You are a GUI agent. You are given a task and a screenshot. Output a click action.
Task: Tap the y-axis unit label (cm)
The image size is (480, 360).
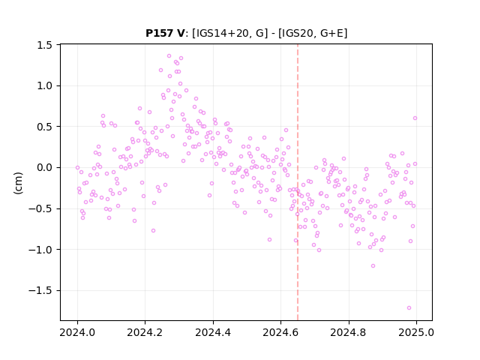18,183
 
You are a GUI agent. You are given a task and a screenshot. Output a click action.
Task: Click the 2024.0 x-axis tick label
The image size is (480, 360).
77,332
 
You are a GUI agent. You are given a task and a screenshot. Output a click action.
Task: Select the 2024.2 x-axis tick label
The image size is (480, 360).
145,332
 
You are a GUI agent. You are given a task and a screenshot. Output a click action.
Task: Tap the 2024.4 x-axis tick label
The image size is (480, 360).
213,332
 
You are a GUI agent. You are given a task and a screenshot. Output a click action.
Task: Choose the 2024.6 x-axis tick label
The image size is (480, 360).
280,332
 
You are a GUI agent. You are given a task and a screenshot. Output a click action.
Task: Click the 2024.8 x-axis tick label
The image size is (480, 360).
348,332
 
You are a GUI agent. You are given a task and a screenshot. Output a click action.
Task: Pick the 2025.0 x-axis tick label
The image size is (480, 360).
416,332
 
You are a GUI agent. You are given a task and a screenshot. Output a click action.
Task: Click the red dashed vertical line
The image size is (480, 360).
298,182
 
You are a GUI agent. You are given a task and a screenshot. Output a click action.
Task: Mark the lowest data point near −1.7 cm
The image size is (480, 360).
409,308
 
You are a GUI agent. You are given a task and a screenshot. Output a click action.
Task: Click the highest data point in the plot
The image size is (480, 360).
169,56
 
